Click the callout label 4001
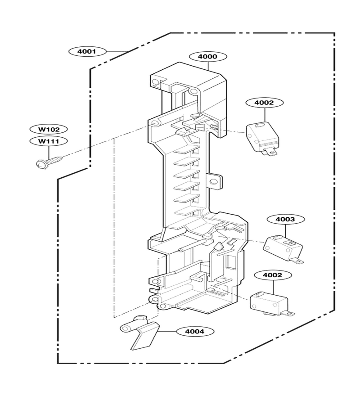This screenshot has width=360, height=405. coord(87,51)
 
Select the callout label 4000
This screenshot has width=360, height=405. coord(208,56)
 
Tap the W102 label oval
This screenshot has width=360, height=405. coord(49,130)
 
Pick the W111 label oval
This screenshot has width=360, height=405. coord(49,141)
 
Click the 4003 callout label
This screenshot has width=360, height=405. coord(285,219)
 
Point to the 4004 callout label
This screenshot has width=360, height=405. coord(195,331)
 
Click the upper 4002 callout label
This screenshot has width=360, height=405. coord(265,103)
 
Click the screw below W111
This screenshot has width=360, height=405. coord(49,161)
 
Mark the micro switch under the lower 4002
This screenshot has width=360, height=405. coord(272,304)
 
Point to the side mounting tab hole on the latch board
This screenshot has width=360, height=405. coord(213,182)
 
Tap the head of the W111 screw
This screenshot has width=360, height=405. coord(40,164)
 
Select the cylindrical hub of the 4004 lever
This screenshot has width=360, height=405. coord(129,327)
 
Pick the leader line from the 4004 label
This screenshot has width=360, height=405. coord(167,331)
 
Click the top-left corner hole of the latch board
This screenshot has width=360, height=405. coord(155,82)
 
